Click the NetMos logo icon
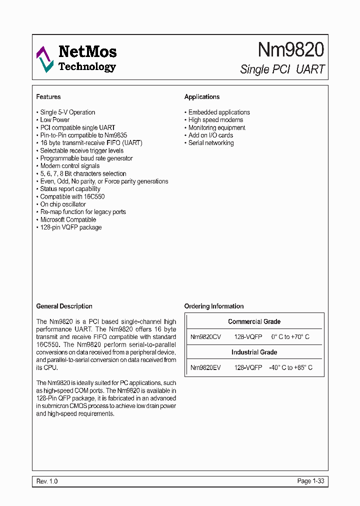click(x=44, y=59)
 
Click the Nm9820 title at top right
click(x=290, y=49)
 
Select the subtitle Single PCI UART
click(x=282, y=69)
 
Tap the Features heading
click(x=48, y=97)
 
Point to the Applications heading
click(x=202, y=97)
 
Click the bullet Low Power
click(x=54, y=120)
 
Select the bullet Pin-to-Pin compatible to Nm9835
click(x=83, y=135)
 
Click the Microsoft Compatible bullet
click(x=68, y=219)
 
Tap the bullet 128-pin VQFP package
click(x=70, y=227)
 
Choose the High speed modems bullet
click(x=215, y=120)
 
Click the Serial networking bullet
click(x=211, y=143)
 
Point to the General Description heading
click(x=64, y=306)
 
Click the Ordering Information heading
click(x=214, y=306)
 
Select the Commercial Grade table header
click(x=254, y=322)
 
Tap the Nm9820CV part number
click(x=205, y=337)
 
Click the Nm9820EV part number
click(x=205, y=367)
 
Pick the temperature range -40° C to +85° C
click(x=290, y=367)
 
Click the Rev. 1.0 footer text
click(x=47, y=481)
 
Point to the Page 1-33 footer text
click(x=311, y=481)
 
